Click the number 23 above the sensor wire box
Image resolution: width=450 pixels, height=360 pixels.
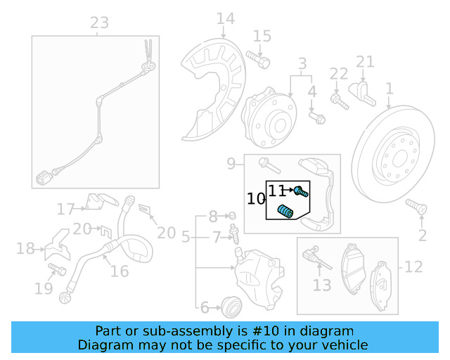[100, 22]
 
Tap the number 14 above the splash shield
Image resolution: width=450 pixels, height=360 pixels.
[226, 18]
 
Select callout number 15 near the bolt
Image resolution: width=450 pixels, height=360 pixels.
[262, 36]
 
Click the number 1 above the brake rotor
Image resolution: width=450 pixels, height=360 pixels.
[389, 89]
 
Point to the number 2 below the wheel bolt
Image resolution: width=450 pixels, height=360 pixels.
[423, 235]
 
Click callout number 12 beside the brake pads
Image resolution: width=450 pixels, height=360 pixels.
[413, 266]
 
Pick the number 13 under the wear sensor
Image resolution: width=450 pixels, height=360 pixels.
[322, 285]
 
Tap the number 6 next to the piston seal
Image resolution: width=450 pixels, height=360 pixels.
[205, 307]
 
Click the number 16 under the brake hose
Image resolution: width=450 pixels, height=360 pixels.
[120, 271]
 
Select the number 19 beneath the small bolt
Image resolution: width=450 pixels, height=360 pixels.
[44, 288]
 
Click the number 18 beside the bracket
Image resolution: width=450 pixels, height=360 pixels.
[25, 248]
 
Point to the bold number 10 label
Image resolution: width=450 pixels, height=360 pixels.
[255, 199]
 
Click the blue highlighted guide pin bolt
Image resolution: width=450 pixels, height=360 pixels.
[302, 191]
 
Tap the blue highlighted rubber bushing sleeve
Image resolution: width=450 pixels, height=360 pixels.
[286, 210]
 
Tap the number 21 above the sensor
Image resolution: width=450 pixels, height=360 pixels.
[365, 62]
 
